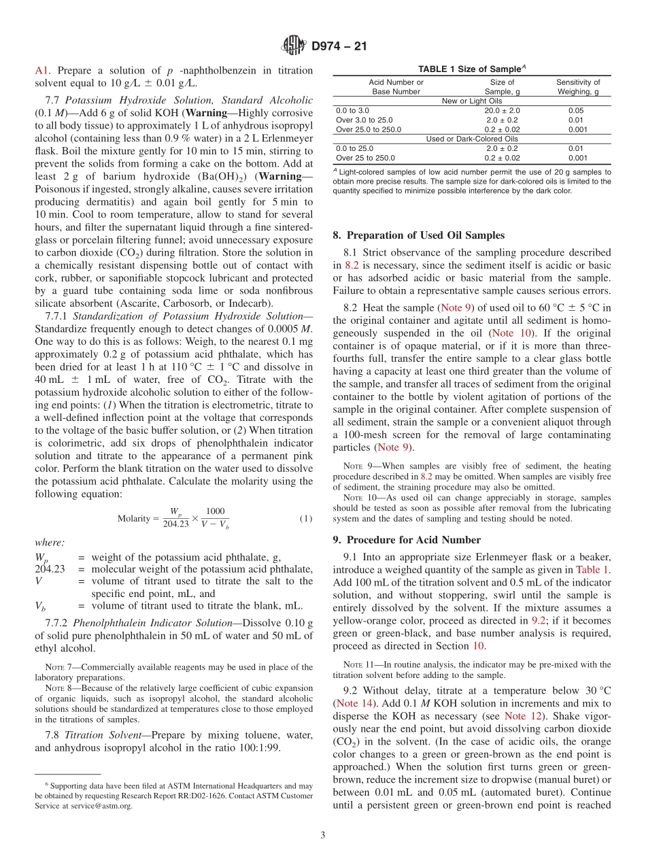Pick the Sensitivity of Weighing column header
point(578,86)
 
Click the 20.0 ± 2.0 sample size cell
point(502,110)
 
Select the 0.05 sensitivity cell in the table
point(575,110)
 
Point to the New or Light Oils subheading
point(471,101)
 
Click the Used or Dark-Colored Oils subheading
point(471,139)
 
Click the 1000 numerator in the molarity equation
point(215,511)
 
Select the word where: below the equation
point(50,542)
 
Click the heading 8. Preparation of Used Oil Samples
point(418,235)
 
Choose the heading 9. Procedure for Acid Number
point(407,540)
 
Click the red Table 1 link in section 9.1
point(592,570)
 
